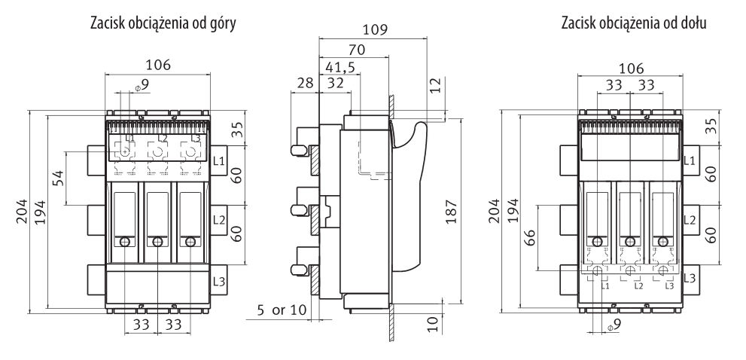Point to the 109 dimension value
[x=374, y=31]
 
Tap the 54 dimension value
[x=57, y=178]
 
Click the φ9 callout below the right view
[x=614, y=325]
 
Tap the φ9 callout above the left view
[x=142, y=86]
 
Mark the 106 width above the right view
[x=631, y=68]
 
